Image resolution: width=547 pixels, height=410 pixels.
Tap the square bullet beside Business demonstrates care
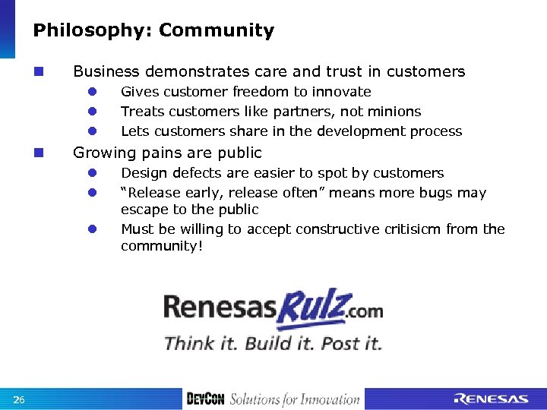[x=38, y=72]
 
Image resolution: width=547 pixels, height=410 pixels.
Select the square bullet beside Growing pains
[x=38, y=153]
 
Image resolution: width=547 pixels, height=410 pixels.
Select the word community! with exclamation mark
[x=162, y=246]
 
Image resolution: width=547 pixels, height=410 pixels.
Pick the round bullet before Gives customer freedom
[x=90, y=92]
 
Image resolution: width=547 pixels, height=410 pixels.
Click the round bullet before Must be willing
[x=90, y=229]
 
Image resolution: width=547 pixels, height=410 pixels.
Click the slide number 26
[x=19, y=400]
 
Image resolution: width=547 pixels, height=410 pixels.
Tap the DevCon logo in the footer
[x=205, y=399]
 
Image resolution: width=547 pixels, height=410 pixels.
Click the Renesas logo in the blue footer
[x=491, y=399]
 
